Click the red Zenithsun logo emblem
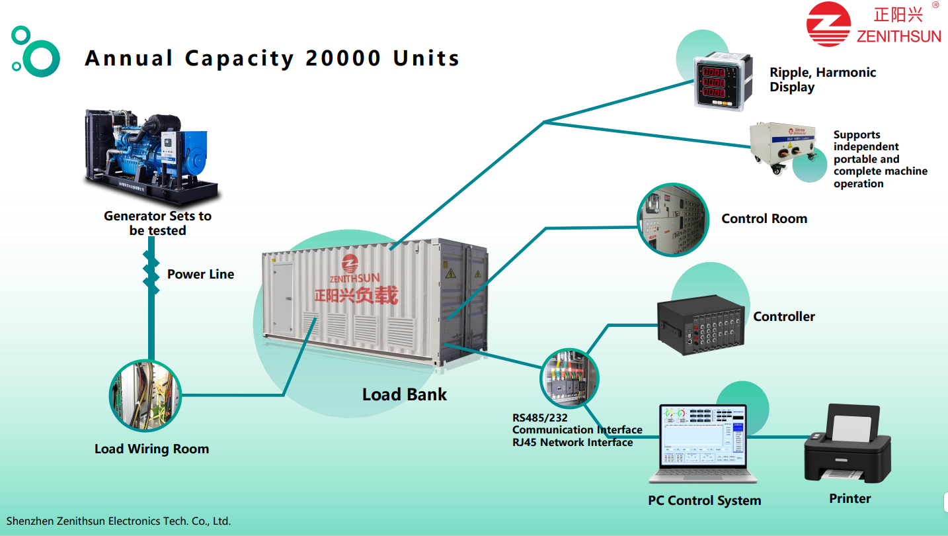[x=828, y=24]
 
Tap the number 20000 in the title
[x=344, y=58]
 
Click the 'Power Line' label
[x=200, y=274]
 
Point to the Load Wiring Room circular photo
[x=145, y=396]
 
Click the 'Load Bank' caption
[x=404, y=395]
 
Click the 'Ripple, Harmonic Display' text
[x=822, y=79]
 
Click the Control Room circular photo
[x=672, y=220]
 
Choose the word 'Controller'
[x=784, y=317]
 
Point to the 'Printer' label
[x=849, y=499]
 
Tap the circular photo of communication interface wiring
[x=569, y=379]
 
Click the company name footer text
[x=118, y=521]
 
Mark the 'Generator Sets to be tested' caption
[x=157, y=223]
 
